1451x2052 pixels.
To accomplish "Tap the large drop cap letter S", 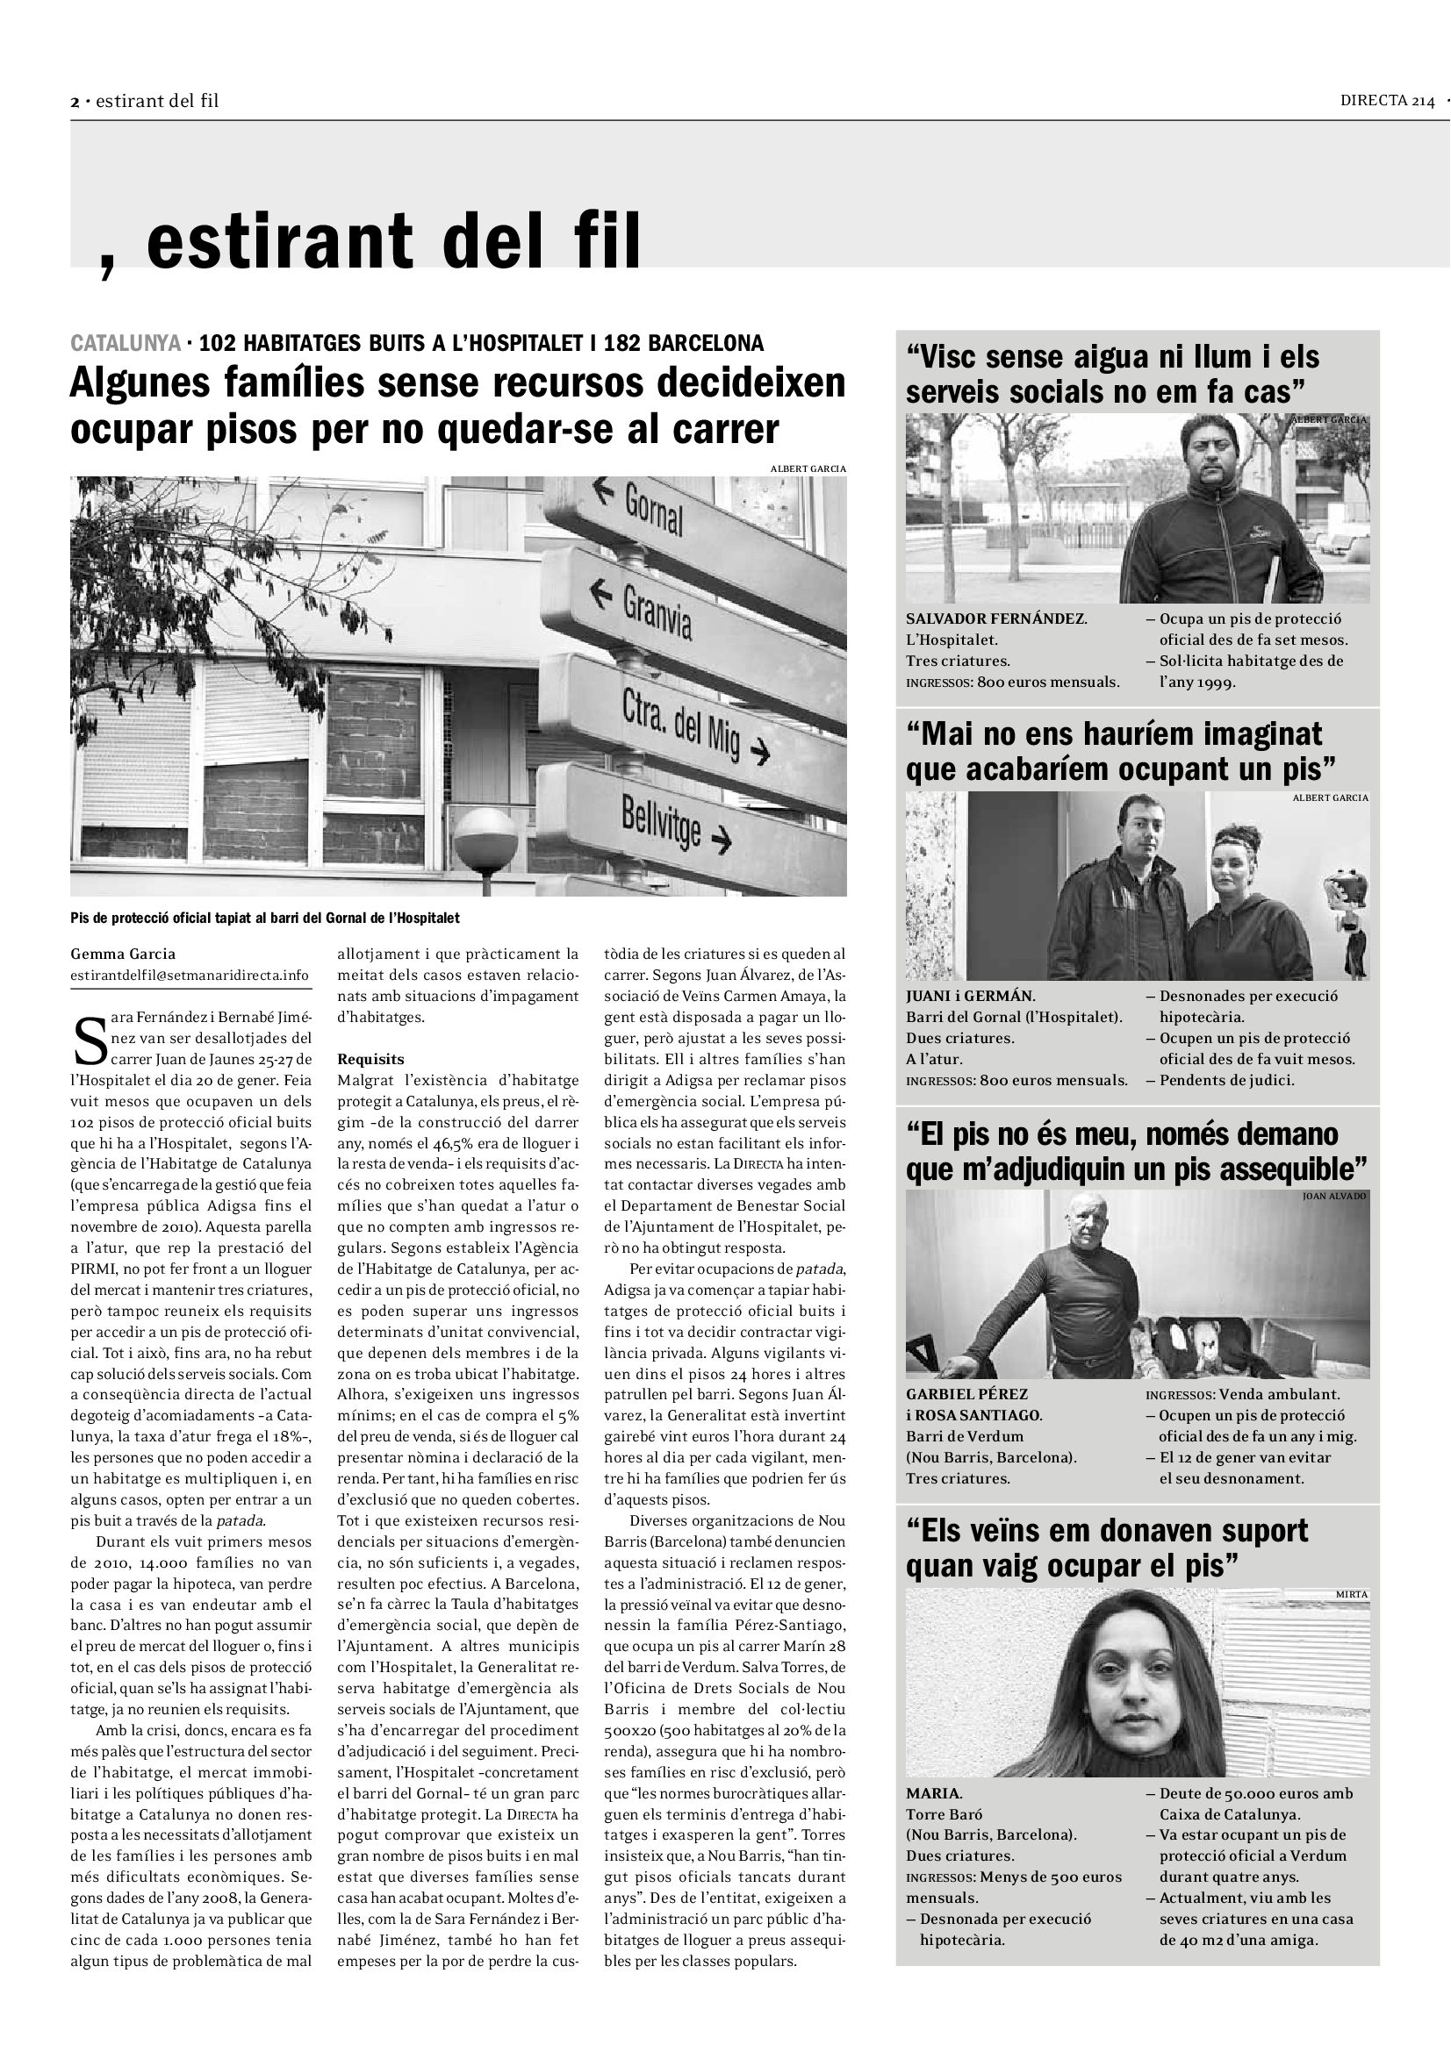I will tap(90, 1047).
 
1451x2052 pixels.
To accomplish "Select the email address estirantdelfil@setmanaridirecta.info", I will tap(190, 975).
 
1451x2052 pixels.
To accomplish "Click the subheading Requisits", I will tap(370, 1059).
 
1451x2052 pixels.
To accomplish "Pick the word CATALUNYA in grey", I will tap(126, 343).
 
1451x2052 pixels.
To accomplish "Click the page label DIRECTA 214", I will tap(1387, 101).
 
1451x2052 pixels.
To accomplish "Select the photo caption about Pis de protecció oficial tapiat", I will tap(264, 918).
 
